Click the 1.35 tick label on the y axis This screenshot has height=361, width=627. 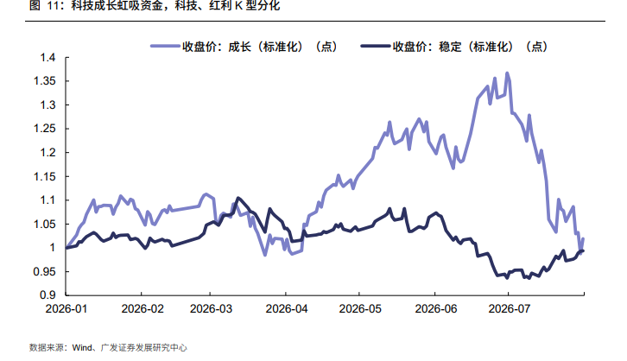(x=44, y=81)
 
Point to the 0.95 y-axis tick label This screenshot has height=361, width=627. (x=44, y=272)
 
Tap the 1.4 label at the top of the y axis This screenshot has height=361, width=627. (x=47, y=58)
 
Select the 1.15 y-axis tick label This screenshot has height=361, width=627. (x=44, y=177)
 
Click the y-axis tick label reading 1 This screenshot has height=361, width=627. (x=53, y=248)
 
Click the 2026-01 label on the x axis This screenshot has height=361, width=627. (x=66, y=309)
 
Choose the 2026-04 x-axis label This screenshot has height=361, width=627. (x=287, y=309)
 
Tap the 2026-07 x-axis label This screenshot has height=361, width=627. (x=509, y=309)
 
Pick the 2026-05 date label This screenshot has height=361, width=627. (x=360, y=309)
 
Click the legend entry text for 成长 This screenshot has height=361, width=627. (x=260, y=47)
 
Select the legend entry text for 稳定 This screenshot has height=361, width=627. (x=470, y=47)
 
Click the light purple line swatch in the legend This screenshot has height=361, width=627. (x=165, y=47)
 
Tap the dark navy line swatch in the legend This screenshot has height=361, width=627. (x=375, y=47)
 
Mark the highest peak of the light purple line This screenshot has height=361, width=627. (x=507, y=73)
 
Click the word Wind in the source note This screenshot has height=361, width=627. (x=82, y=348)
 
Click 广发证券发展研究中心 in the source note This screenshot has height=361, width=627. (x=143, y=348)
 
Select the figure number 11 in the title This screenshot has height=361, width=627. (x=53, y=6)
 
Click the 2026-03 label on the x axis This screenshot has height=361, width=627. (x=211, y=309)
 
